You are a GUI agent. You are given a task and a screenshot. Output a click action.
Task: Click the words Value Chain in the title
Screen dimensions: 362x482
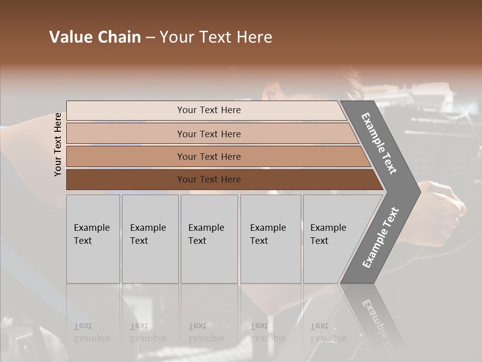[x=95, y=37]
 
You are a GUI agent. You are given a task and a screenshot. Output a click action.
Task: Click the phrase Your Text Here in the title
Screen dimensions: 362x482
[x=216, y=37]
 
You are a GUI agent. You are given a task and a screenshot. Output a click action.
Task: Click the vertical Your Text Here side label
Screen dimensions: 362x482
[x=58, y=144]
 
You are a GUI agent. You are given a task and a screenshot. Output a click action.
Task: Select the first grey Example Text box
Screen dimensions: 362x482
[x=93, y=239]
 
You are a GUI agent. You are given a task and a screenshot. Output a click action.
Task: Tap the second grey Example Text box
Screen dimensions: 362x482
[x=150, y=239]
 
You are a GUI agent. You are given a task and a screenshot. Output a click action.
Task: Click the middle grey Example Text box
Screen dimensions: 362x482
[x=209, y=239]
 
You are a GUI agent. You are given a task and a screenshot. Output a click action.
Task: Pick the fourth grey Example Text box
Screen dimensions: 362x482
[x=271, y=239]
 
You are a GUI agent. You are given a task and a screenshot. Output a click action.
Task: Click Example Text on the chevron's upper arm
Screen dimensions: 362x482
[x=379, y=143]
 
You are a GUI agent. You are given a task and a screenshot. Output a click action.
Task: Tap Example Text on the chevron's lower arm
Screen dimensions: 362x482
[x=380, y=238]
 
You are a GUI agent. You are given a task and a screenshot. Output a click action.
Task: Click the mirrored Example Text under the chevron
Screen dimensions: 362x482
[x=379, y=322]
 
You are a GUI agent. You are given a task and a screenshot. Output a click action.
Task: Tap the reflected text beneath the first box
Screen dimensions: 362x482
[x=91, y=332]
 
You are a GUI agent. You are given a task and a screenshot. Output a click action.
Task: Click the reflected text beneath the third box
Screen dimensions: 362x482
[x=206, y=332]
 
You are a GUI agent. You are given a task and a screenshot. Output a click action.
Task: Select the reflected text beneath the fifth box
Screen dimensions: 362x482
[x=328, y=332]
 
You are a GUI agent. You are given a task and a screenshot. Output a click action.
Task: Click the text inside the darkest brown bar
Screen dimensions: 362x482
[x=209, y=179]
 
